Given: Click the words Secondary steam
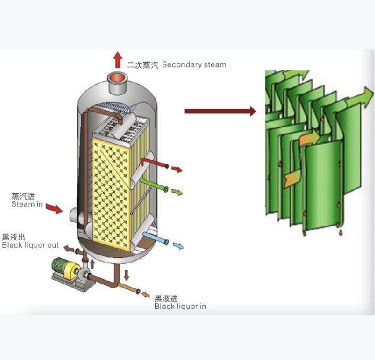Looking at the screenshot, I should coord(194,65).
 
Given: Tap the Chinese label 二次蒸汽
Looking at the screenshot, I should coord(143,65).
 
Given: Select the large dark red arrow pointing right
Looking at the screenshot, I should coord(220,111).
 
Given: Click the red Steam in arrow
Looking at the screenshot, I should coord(54,208).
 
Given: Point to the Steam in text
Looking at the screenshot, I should coord(27,204).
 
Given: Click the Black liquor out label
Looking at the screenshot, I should coord(30,245).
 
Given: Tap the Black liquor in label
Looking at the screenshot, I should coord(180,306).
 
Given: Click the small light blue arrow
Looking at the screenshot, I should coord(178,246).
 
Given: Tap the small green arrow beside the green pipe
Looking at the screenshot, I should coord(177,192).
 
